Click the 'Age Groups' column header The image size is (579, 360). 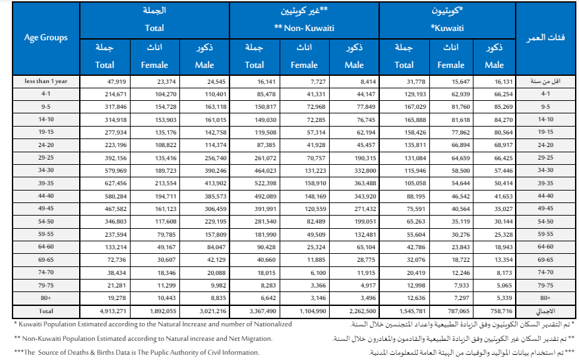46,38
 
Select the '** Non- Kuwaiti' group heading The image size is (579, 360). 305,28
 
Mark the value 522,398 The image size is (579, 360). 263,183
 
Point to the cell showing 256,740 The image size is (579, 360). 212,158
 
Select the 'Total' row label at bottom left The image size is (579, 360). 46,309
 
